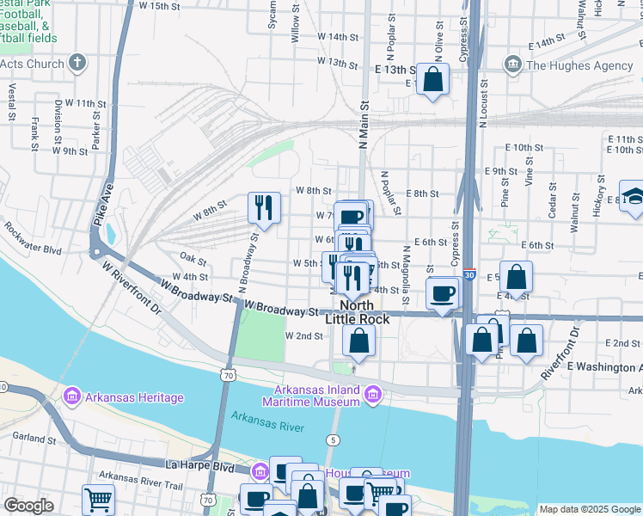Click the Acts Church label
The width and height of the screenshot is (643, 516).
[x=32, y=64]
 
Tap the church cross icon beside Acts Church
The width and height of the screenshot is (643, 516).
[x=77, y=63]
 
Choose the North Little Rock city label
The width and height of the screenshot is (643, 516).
[x=358, y=312]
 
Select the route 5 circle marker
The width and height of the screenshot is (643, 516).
[x=332, y=440]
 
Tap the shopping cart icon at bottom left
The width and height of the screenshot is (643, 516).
[x=99, y=499]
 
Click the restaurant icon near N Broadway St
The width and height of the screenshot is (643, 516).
[x=264, y=206]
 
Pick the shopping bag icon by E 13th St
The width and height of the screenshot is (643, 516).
[x=434, y=80]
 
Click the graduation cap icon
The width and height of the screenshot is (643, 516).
[x=634, y=197]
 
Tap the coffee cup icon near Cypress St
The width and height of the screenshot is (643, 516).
[x=444, y=293]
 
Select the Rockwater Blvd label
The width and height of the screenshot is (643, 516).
[x=33, y=239]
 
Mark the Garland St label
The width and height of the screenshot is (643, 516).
[x=34, y=438]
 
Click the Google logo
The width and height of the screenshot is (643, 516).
[x=28, y=506]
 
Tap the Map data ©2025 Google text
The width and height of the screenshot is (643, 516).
[x=590, y=509]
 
